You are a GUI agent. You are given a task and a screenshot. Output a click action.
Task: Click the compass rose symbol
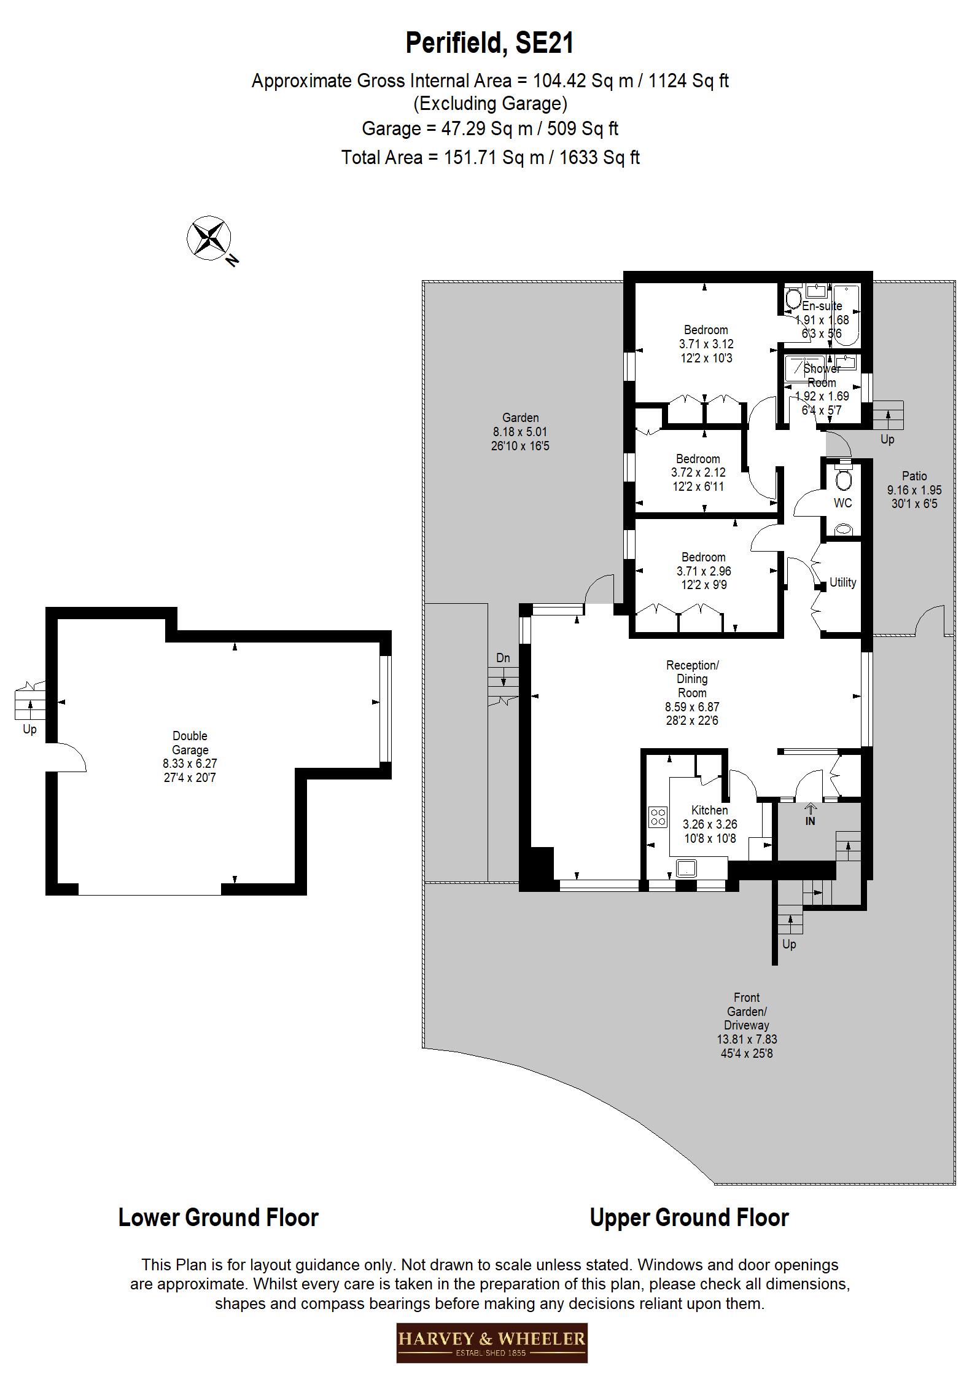point(209,238)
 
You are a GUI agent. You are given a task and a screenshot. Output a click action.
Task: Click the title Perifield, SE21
point(489,44)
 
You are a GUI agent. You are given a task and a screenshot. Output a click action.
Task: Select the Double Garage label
point(190,756)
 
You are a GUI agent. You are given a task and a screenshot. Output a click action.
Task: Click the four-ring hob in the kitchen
point(658,817)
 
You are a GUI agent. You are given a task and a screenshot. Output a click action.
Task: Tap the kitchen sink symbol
point(685,868)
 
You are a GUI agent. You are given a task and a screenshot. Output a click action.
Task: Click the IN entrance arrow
point(810,816)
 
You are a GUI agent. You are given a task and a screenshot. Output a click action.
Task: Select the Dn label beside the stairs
point(503,658)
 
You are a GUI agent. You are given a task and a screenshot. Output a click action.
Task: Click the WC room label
point(842,503)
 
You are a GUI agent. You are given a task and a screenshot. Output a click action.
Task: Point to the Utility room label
point(842,582)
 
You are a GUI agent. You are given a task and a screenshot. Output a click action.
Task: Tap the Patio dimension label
point(914,490)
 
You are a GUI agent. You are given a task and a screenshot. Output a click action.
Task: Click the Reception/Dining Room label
point(692,692)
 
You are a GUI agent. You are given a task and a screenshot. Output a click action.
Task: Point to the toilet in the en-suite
point(791,299)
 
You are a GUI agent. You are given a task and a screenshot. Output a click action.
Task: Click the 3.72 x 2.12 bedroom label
point(698,472)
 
